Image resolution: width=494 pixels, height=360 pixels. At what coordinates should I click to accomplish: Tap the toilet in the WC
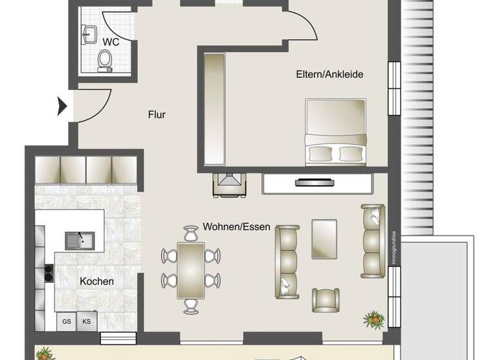click(104, 60)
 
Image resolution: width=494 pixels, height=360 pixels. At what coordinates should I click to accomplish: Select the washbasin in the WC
click(87, 33)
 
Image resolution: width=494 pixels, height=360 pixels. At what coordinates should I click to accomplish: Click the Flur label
click(157, 115)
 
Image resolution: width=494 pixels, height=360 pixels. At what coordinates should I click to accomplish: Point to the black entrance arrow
click(62, 105)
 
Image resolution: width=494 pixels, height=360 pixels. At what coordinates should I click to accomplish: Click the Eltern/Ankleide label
click(330, 74)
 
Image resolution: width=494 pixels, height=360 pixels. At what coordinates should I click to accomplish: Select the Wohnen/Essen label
click(236, 227)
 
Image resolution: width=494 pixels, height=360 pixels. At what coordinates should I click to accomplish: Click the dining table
click(191, 269)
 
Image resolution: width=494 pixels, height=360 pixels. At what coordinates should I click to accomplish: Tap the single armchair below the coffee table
click(325, 299)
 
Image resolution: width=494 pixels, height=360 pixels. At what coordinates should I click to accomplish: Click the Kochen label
click(96, 281)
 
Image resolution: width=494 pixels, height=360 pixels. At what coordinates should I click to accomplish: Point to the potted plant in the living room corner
click(371, 318)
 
